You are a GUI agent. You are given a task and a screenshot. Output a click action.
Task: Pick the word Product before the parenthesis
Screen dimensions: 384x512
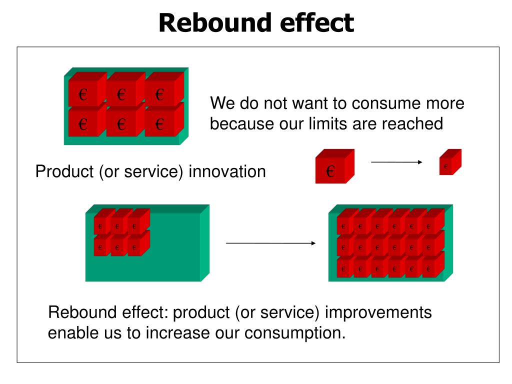[64, 171]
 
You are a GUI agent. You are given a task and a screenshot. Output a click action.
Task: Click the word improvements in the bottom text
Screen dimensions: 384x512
[378, 312]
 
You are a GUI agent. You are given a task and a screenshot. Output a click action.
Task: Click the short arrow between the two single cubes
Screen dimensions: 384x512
[396, 162]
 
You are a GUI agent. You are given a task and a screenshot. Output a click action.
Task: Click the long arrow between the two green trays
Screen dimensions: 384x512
[270, 243]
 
